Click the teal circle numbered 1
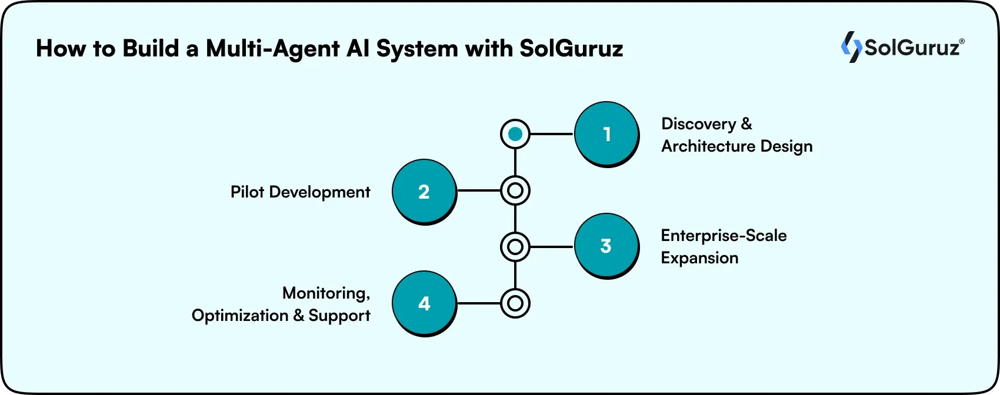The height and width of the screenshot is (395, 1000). [x=606, y=134]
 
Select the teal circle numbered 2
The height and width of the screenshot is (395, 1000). [x=424, y=191]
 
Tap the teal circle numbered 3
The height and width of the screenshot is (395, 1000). [x=606, y=246]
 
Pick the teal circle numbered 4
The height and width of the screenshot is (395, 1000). [x=424, y=303]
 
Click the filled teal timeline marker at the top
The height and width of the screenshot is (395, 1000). [x=515, y=134]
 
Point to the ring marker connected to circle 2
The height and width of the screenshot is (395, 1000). [x=515, y=190]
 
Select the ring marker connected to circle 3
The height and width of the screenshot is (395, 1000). [x=515, y=246]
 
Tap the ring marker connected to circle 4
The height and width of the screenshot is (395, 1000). [x=515, y=303]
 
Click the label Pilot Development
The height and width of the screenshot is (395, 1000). [x=300, y=192]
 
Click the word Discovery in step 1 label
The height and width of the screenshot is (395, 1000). [x=698, y=124]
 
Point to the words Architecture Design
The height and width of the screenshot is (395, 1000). [x=736, y=146]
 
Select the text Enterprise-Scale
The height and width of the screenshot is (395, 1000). [x=724, y=236]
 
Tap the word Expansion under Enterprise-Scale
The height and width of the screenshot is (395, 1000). [x=699, y=258]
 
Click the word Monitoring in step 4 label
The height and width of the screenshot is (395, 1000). [x=326, y=293]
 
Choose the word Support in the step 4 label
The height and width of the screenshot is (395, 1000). [x=339, y=316]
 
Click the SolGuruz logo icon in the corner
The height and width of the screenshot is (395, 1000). [x=851, y=46]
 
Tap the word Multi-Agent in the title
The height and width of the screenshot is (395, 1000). [x=273, y=49]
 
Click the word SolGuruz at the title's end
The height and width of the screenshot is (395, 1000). [x=571, y=49]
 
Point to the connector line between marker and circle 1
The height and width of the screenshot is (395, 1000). [x=551, y=134]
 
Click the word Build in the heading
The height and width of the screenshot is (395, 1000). [x=150, y=48]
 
